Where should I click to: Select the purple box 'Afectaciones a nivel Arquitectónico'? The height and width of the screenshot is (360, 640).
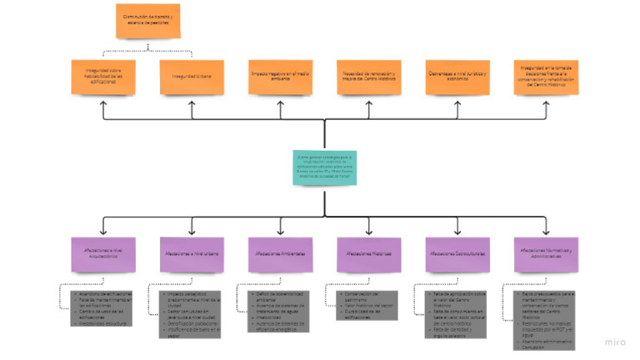coord(102,253)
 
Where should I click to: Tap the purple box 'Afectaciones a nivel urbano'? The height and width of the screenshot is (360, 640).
coord(191,253)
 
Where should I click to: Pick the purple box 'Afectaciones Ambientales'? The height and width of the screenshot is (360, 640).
coord(279,253)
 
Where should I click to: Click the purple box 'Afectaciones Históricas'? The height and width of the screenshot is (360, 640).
coord(367,253)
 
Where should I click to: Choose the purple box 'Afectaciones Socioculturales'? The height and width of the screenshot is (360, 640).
coord(457,253)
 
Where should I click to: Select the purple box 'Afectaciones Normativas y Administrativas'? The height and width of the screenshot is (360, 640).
coord(546,253)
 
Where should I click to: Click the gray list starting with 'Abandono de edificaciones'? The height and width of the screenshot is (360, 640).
coord(101,306)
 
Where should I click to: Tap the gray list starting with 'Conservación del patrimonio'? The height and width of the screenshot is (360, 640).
coord(367,304)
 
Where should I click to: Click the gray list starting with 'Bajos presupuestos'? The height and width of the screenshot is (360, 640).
coord(545,317)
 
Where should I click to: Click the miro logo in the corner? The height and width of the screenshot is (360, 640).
coord(616,342)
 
